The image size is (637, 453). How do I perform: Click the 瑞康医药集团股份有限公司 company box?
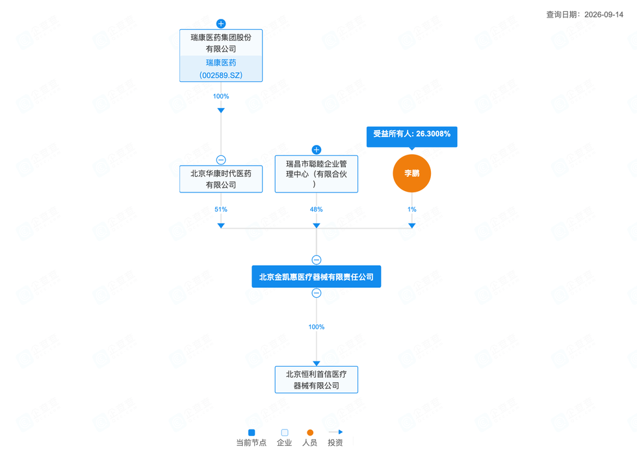[221, 55]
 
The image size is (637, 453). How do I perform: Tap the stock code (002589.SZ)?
[221, 75]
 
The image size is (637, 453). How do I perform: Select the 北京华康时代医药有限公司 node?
[221, 179]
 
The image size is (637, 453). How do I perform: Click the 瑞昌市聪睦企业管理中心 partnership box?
[317, 174]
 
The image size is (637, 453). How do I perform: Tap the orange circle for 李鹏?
[412, 174]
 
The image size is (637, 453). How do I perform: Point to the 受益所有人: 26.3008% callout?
[412, 136]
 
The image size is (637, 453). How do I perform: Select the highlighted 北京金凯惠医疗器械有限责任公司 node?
[317, 277]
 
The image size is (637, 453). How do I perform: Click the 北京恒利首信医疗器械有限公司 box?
[317, 380]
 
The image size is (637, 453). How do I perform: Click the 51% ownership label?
[221, 209]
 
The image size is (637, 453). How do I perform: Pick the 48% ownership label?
[317, 209]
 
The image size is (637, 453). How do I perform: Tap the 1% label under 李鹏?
[412, 209]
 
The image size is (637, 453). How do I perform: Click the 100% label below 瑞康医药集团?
[221, 96]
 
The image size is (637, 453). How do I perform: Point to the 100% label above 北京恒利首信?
[317, 327]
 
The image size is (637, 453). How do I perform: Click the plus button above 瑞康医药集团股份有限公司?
[221, 23]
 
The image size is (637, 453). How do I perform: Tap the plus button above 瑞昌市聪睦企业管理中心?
[317, 149]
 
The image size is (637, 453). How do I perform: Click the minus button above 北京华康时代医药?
[221, 160]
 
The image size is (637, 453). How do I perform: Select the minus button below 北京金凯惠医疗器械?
[317, 293]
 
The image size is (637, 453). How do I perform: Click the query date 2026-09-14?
[604, 15]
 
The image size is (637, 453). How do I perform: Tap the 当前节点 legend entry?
[252, 437]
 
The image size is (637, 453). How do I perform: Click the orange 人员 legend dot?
[310, 433]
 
